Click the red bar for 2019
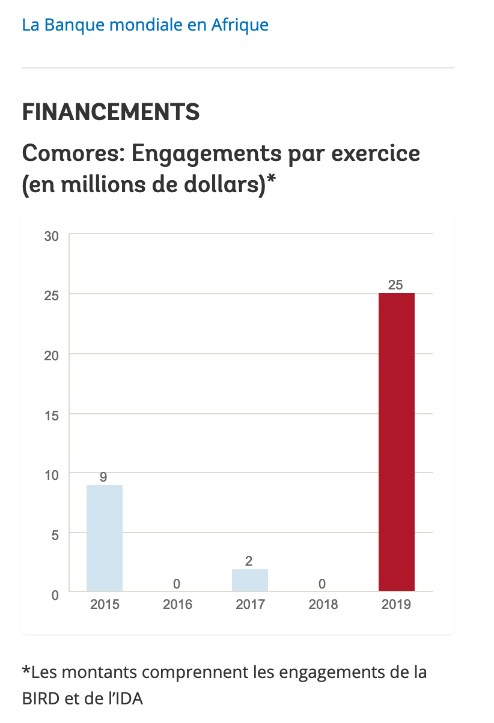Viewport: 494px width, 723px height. point(396,442)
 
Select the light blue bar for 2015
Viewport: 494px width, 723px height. point(105,538)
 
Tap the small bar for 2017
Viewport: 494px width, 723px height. point(250,580)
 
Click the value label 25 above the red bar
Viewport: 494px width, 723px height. point(395,285)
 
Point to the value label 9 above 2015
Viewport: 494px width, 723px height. point(103,477)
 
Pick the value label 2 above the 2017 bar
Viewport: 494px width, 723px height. point(249,561)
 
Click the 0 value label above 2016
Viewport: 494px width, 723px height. point(177,584)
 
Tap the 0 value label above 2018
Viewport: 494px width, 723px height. point(322,584)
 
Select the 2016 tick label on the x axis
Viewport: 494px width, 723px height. point(177,604)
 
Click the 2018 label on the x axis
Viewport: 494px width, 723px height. point(323,604)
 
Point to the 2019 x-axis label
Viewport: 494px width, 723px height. point(396,604)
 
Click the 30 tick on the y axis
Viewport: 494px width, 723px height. point(51,236)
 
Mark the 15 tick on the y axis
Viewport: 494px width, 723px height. point(51,415)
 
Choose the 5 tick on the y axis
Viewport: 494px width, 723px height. point(54,534)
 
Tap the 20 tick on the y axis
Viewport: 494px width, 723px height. point(51,355)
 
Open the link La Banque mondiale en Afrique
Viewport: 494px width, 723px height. point(145,25)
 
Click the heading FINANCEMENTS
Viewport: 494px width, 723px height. point(111,112)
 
